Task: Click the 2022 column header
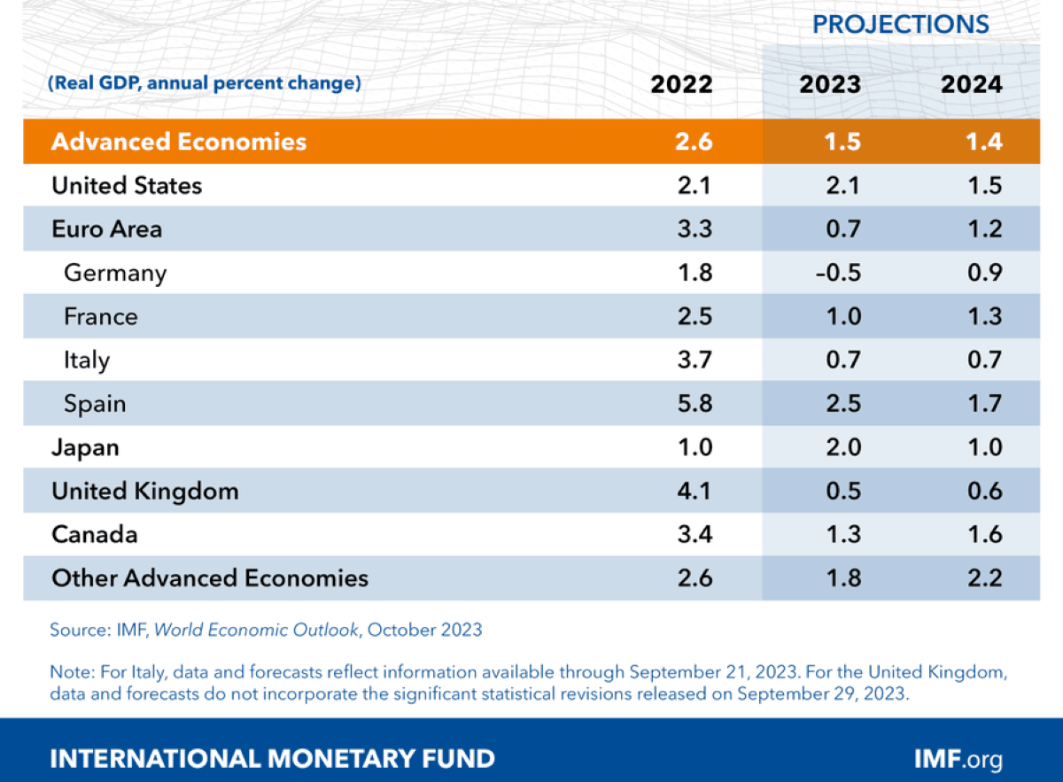point(681,84)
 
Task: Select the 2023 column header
point(830,84)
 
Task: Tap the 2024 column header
point(973,84)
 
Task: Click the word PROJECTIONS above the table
point(901,25)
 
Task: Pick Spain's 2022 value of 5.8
point(693,404)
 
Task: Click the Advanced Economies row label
point(179,142)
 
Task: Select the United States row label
point(127,186)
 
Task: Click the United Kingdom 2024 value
point(984,492)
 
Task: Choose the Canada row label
point(95,535)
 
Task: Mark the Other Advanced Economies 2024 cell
point(984,578)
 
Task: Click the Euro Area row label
point(107,229)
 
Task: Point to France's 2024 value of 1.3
point(984,316)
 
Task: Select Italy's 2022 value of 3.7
point(693,360)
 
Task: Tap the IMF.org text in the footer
point(958,759)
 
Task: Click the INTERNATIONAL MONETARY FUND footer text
point(273,759)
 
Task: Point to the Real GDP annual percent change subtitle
point(205,84)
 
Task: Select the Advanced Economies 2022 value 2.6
point(693,142)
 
